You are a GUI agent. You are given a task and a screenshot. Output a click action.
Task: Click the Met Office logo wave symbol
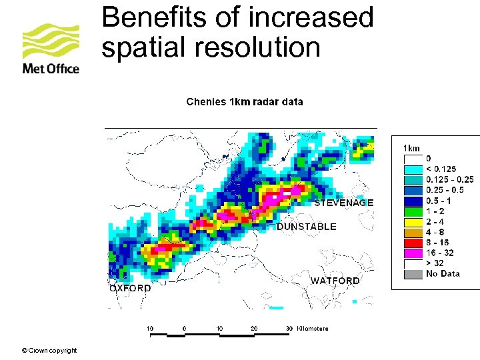[x=51, y=42]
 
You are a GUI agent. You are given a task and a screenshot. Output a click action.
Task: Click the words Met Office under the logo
[x=51, y=69]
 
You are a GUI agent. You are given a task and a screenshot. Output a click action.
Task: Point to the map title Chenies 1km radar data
[x=245, y=102]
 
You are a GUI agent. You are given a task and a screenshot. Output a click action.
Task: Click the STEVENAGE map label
[x=343, y=203]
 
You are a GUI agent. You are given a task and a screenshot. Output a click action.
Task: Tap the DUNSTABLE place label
[x=307, y=227]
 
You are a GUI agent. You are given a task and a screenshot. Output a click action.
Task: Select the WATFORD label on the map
[x=335, y=281]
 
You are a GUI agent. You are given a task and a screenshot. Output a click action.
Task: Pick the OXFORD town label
[x=130, y=289]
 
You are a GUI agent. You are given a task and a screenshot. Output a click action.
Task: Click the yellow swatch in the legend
[x=413, y=221]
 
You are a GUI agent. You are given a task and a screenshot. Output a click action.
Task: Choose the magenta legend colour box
[x=413, y=252]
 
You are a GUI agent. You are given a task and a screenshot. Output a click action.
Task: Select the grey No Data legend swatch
[x=413, y=273]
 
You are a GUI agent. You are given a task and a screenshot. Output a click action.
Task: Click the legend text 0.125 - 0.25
[x=450, y=179]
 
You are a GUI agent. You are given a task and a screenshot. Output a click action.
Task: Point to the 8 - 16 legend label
[x=438, y=242]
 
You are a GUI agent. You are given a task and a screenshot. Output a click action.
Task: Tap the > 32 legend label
[x=436, y=263]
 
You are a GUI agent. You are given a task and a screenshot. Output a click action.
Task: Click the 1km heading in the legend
[x=412, y=148]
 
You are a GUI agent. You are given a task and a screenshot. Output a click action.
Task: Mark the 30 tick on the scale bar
[x=289, y=328]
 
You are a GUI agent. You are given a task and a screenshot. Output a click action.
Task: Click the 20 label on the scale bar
[x=254, y=328]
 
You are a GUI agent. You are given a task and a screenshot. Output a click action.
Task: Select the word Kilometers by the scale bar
[x=313, y=328]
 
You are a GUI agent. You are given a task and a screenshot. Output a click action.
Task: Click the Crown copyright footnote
[x=49, y=351]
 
